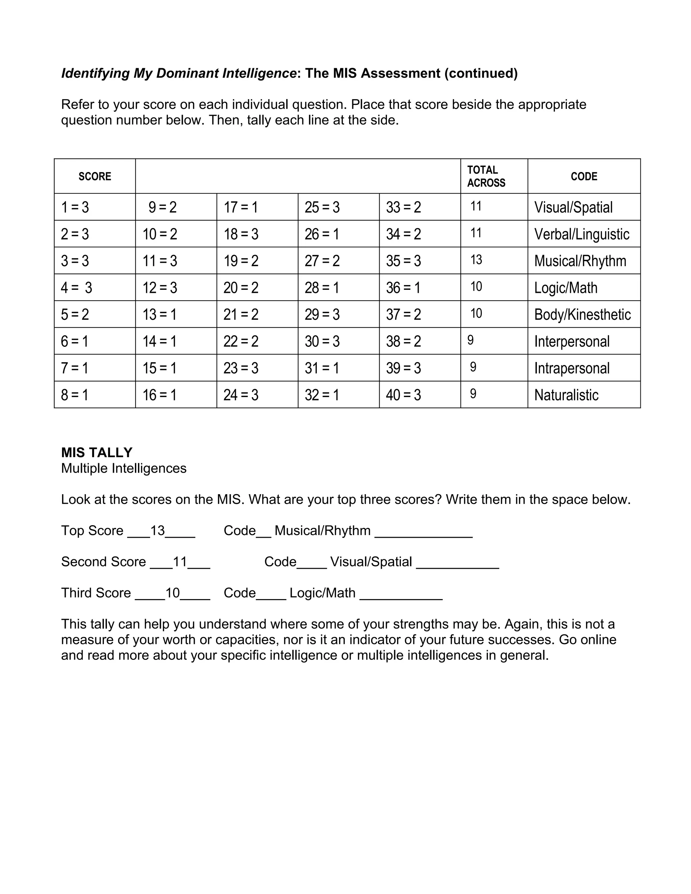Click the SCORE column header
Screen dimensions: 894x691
94,176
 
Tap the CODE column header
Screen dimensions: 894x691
584,176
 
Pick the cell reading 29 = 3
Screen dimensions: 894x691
322,314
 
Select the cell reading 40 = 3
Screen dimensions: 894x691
403,395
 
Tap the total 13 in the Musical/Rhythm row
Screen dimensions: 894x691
476,260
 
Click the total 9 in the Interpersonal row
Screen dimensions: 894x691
470,340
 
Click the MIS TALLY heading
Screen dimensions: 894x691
96,452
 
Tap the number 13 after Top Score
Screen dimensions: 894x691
158,531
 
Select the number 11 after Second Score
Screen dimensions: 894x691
180,562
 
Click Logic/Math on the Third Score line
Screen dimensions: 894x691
322,593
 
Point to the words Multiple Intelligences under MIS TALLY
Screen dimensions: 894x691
123,468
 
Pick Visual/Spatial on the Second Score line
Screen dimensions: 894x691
371,562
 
